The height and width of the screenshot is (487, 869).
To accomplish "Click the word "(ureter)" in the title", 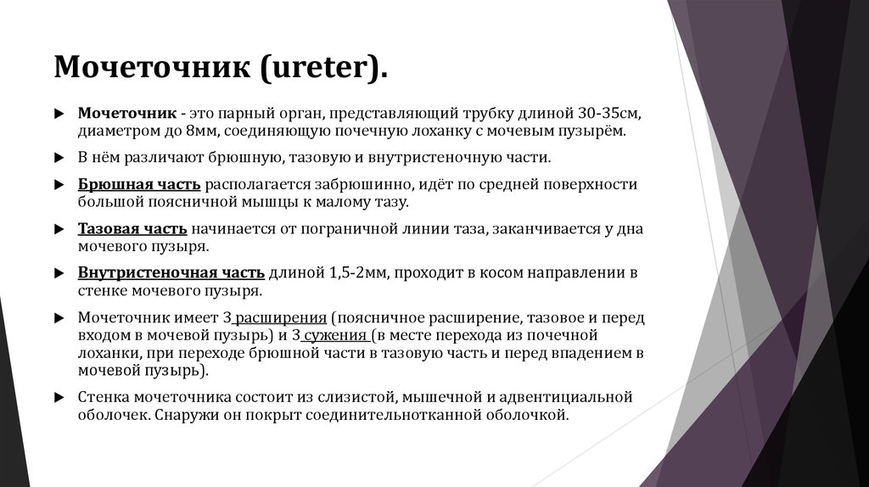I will (324, 66).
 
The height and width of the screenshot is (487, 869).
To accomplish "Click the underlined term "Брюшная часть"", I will (139, 184).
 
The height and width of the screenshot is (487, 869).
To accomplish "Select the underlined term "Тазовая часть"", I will (133, 228).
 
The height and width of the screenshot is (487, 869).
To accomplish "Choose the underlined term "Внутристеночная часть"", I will (171, 272).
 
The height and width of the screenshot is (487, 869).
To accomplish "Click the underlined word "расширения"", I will (280, 317).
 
